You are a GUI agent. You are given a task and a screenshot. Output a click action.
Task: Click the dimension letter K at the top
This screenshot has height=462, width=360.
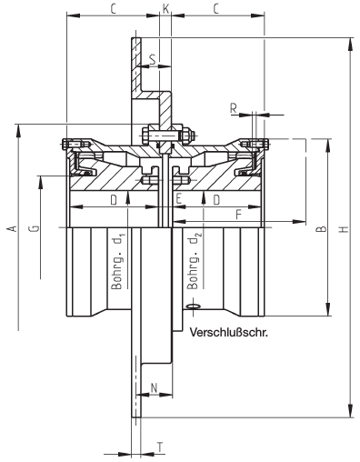point(165,9)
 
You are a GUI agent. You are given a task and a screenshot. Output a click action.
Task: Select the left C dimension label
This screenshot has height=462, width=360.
point(113,9)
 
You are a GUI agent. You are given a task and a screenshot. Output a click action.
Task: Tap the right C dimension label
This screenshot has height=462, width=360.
point(215,9)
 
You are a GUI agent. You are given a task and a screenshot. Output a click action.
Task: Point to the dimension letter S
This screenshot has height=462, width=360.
point(153,59)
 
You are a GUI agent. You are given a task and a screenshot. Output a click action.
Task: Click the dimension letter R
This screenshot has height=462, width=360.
point(234,108)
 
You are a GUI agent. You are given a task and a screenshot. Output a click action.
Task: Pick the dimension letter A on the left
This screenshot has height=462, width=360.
point(13,228)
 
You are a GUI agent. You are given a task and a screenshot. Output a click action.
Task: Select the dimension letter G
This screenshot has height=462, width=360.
point(35,228)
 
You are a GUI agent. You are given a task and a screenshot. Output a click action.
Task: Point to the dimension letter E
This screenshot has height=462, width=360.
point(178,199)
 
